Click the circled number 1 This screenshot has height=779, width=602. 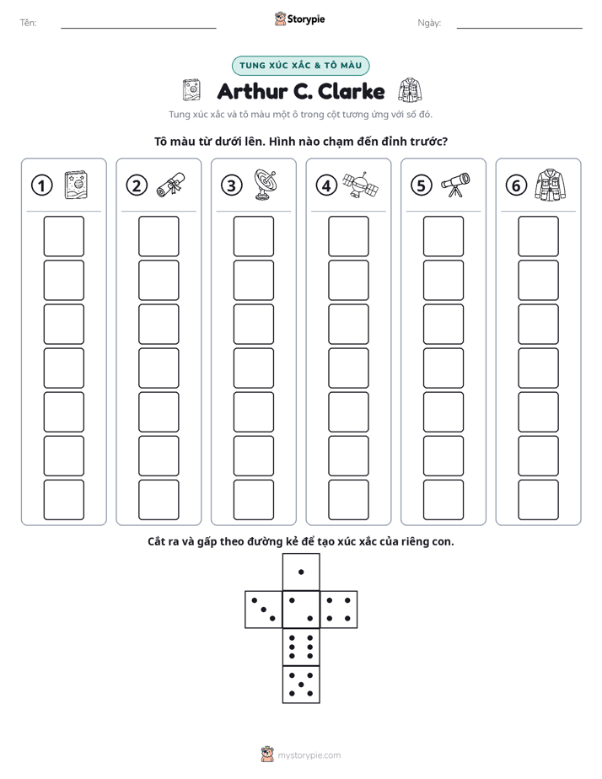point(41,185)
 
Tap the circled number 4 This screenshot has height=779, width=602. point(326,185)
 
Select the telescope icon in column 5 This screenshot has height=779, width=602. point(455,185)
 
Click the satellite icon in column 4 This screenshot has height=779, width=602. point(361,185)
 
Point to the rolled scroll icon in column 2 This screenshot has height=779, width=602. point(171,185)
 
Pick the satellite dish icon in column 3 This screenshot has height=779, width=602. point(266,185)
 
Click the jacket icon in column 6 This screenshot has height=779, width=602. point(551,185)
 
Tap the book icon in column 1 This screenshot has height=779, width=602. point(76,185)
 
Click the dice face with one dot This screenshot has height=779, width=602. point(301,572)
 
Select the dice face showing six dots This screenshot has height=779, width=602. point(301,647)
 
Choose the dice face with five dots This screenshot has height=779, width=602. point(301,685)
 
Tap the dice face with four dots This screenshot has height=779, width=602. point(339,610)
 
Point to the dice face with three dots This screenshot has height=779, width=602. point(264,610)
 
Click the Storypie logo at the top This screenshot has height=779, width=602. point(299,19)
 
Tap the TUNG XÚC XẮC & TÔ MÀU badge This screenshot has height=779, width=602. point(300,66)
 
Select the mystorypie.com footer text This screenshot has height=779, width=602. point(309,755)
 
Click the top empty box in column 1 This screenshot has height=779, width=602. point(64,236)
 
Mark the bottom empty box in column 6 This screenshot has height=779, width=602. point(539,500)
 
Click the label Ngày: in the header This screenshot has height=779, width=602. point(429,23)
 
